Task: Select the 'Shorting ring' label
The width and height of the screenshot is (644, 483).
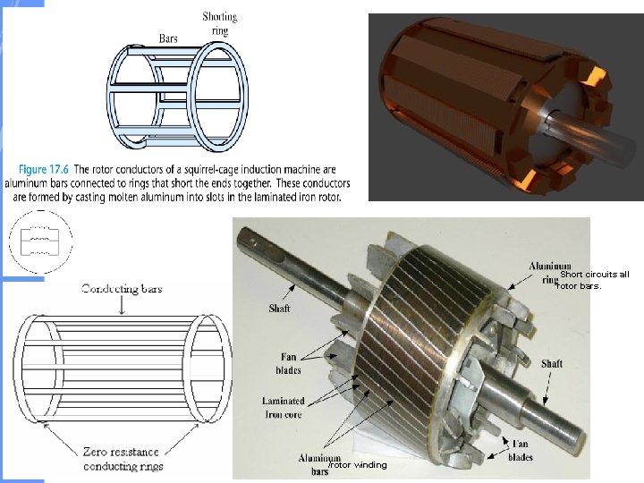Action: click(219, 22)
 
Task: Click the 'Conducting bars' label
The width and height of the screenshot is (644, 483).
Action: click(122, 288)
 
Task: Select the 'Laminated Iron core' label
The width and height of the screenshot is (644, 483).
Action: click(283, 407)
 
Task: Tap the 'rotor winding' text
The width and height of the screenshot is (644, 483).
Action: click(357, 465)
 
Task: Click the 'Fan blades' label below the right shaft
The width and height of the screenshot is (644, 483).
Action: click(521, 450)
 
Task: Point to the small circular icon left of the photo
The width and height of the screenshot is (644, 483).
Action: click(39, 241)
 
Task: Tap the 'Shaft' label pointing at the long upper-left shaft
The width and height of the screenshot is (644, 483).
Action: click(279, 309)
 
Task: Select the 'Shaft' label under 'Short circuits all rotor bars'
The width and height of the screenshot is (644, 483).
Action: click(552, 364)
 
